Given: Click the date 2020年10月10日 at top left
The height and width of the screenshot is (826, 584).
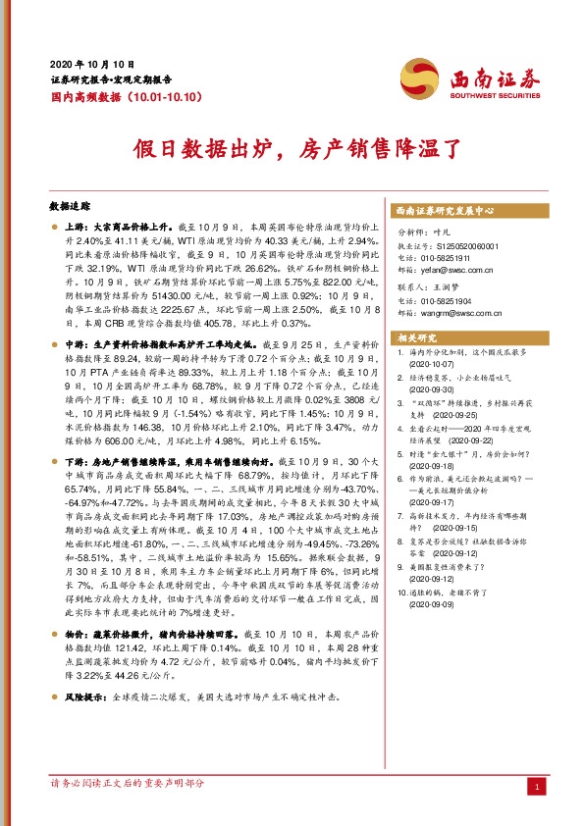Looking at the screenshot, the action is tap(92, 61).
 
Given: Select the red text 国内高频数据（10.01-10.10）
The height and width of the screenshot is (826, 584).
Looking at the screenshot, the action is tap(126, 97).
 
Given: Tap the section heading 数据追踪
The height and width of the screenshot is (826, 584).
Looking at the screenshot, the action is tap(67, 208).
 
